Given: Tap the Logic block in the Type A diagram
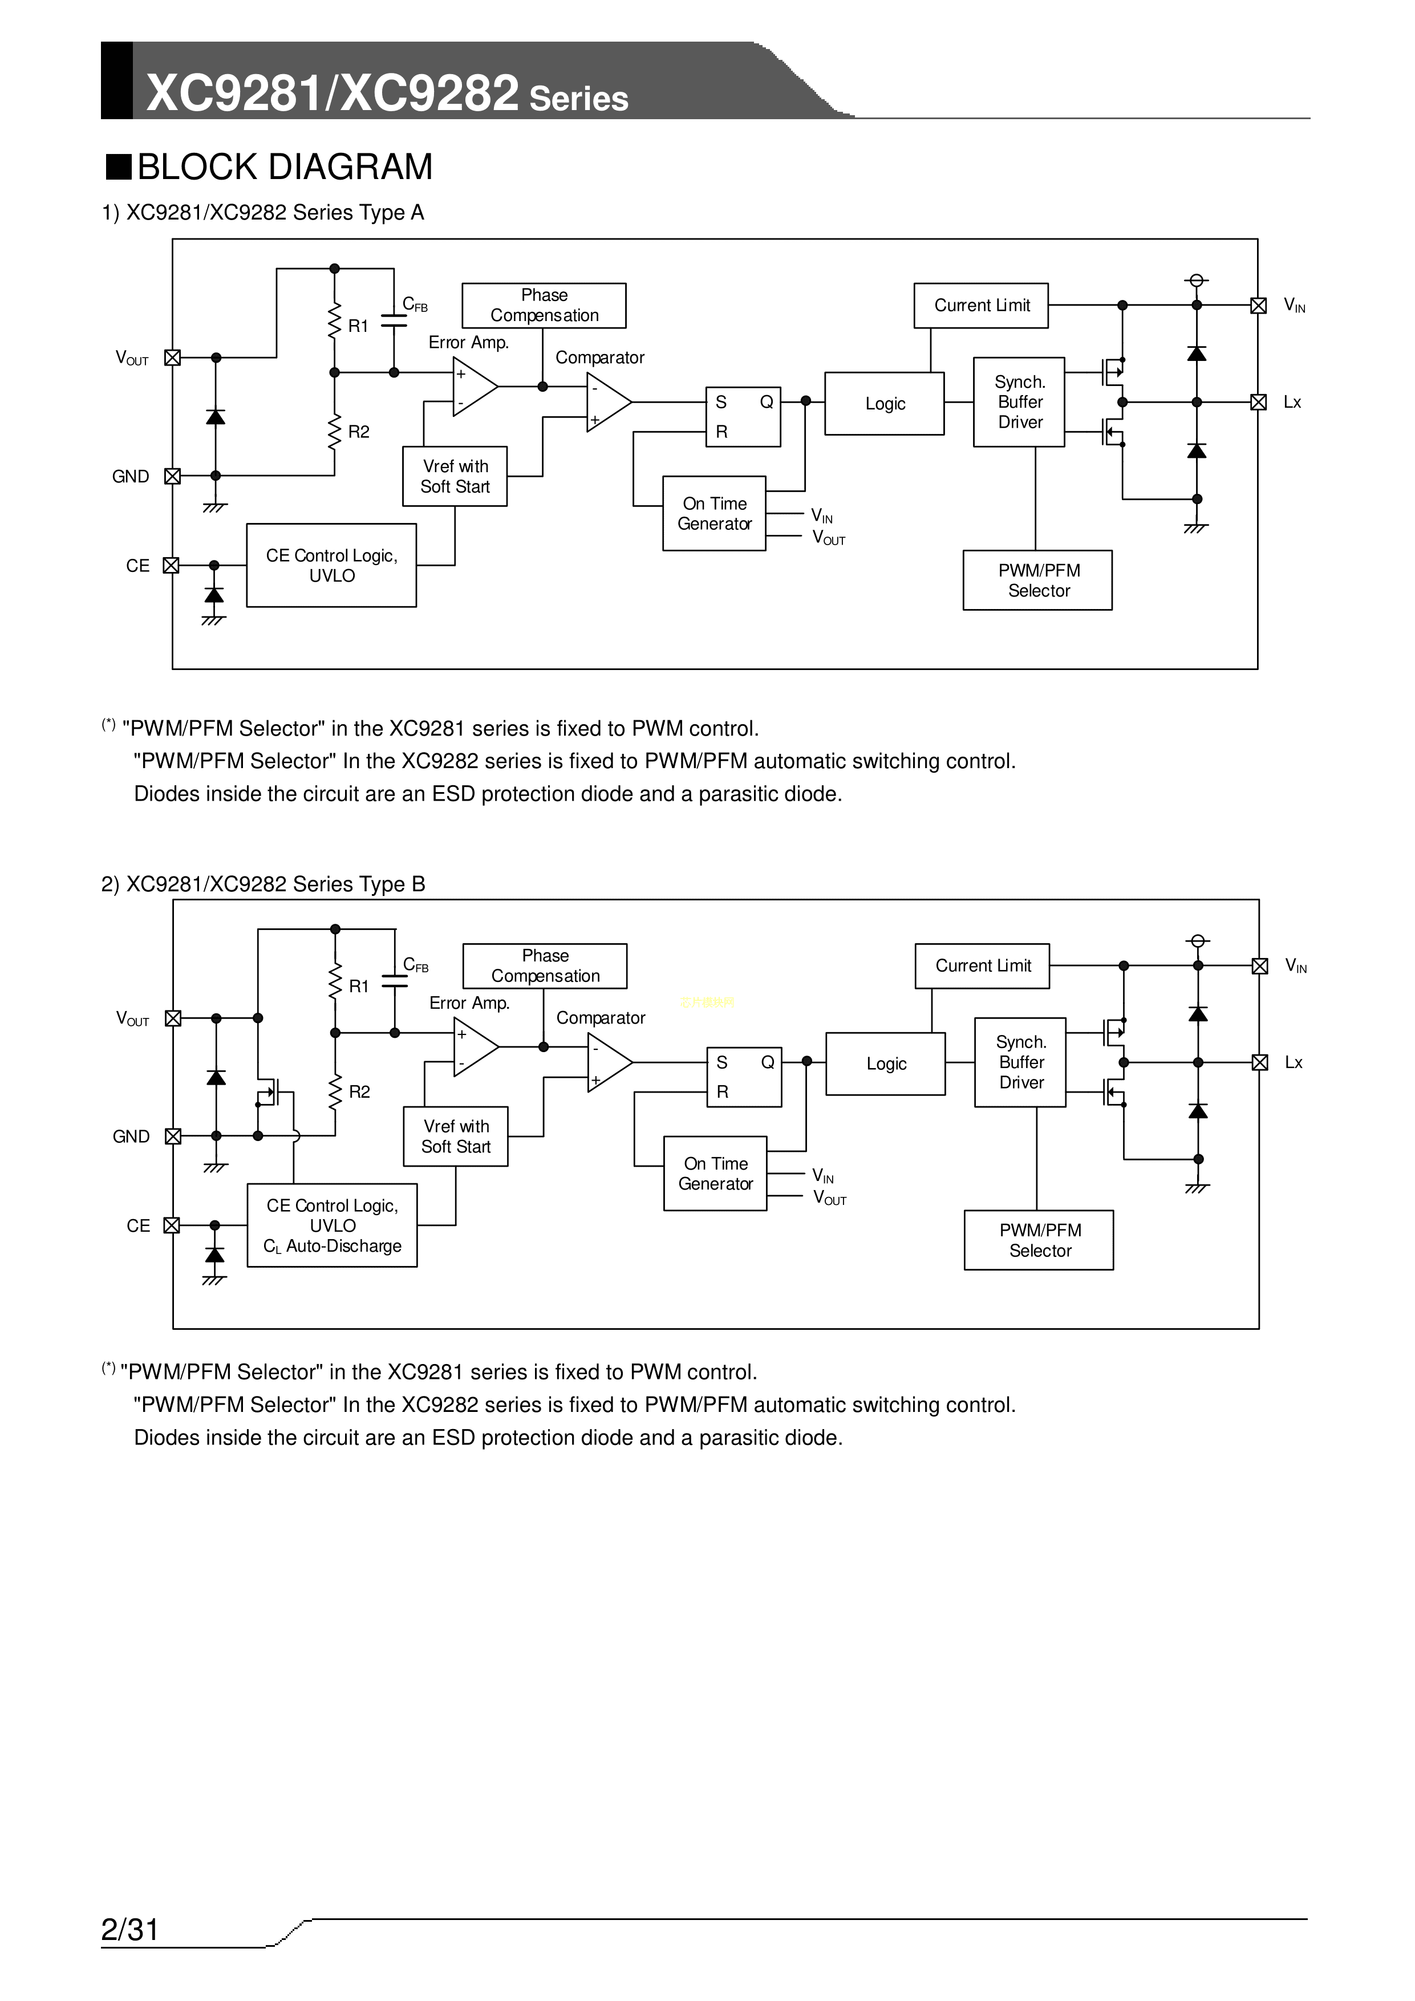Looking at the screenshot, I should (884, 404).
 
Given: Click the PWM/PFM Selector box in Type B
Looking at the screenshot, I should (1039, 1240).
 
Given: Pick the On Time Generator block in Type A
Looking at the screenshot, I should (714, 513).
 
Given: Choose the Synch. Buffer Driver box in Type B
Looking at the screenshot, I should (1020, 1062).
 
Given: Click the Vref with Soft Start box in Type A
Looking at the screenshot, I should (454, 477).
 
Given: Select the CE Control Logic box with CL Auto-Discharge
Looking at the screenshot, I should (332, 1225).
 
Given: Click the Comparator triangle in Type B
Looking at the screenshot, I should (607, 1062).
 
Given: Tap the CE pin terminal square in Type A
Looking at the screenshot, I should (172, 566).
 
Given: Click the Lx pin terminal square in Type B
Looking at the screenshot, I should (1259, 1062).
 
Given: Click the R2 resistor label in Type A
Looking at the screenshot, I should (358, 432).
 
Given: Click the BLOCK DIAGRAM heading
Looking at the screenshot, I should (284, 167).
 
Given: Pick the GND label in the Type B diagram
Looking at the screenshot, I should (131, 1137).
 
